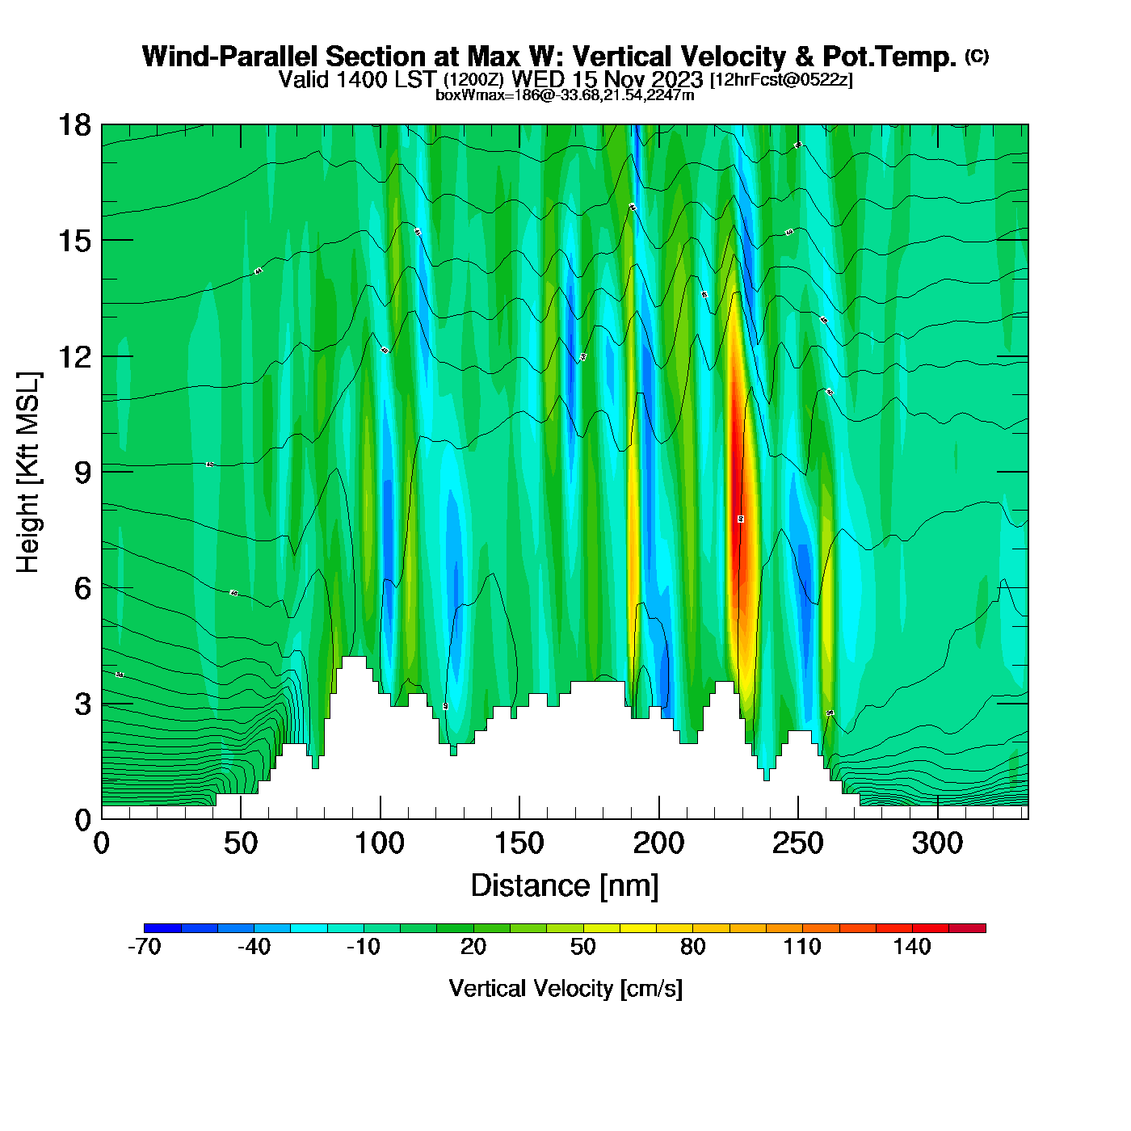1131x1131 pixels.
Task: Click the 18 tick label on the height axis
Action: point(74,125)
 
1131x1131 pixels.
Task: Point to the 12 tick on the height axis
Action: point(74,356)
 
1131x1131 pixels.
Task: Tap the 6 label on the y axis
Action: point(82,588)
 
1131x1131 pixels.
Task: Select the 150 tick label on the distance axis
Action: point(519,843)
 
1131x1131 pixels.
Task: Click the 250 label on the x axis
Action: point(798,843)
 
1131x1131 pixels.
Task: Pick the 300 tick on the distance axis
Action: point(937,843)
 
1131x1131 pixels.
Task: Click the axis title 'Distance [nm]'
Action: point(565,885)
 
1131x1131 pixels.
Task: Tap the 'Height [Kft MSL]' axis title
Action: point(28,473)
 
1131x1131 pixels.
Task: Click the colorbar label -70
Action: point(145,947)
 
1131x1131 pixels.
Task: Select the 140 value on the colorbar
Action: point(912,947)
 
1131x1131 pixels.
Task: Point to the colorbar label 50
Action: point(583,947)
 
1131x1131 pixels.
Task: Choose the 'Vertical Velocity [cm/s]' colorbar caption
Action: point(565,988)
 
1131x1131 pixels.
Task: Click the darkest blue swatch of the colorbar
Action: point(162,928)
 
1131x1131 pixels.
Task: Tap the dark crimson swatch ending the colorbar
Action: point(967,928)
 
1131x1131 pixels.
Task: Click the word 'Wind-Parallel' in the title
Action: point(230,57)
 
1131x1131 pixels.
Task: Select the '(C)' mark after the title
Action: point(977,56)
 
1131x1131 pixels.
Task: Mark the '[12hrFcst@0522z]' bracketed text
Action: point(780,80)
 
